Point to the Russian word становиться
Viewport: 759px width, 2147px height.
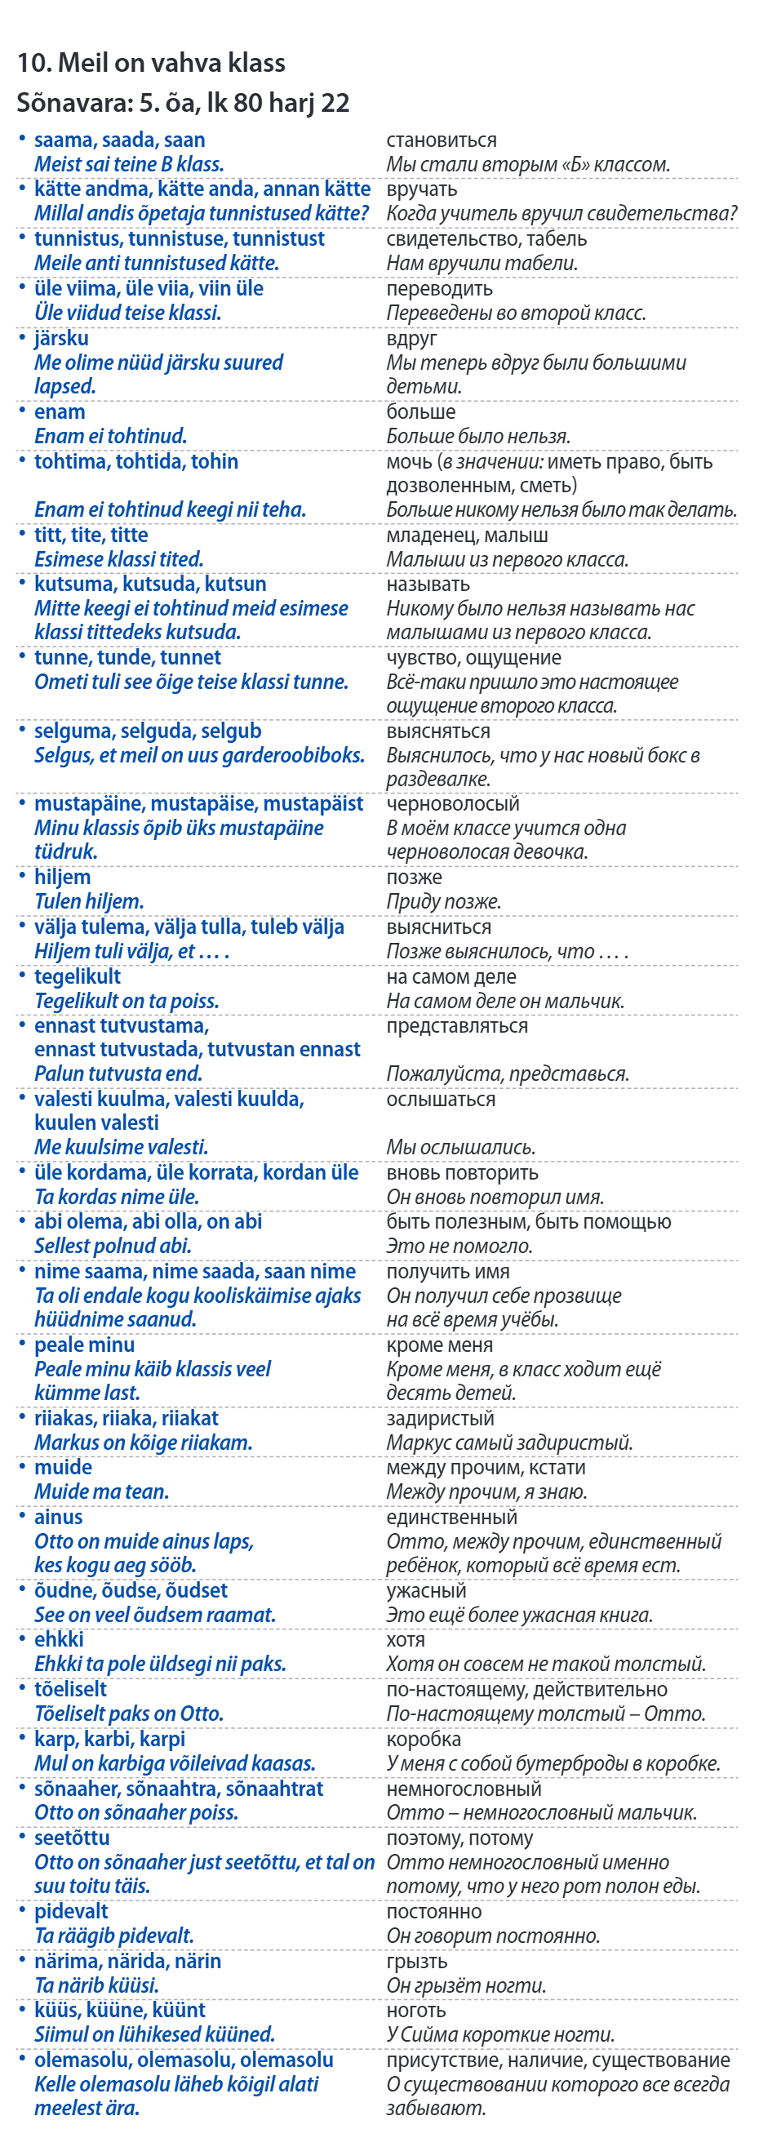(x=441, y=140)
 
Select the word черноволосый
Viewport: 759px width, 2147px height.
(x=452, y=803)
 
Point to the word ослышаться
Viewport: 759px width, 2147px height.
(x=440, y=1100)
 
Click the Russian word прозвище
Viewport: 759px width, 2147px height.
(x=575, y=1296)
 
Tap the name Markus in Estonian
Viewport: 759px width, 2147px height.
(x=67, y=1442)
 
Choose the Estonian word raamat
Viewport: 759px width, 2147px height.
(x=241, y=1615)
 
